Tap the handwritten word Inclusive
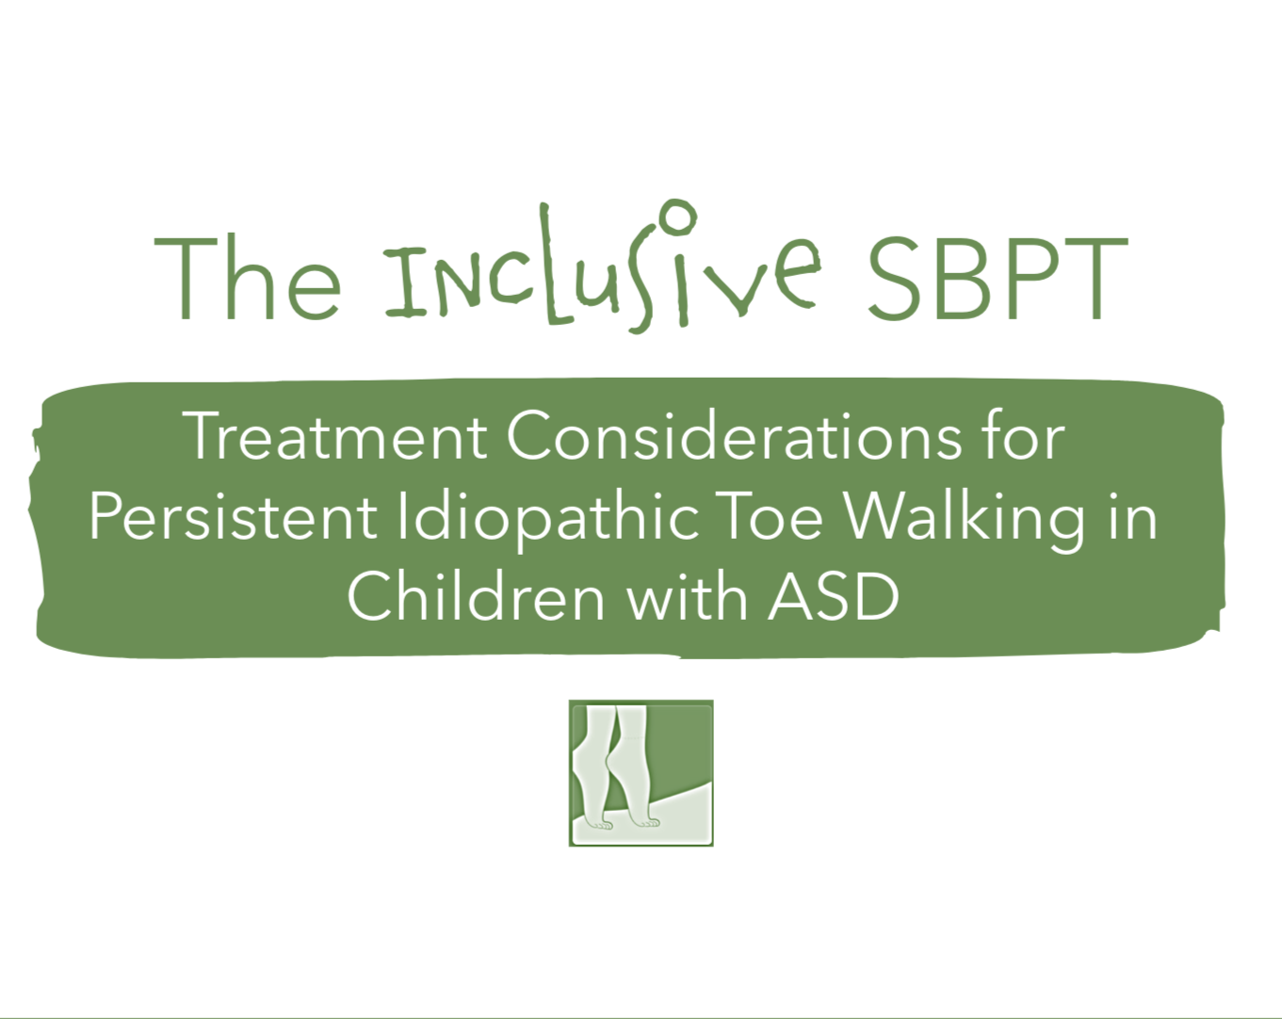(x=601, y=273)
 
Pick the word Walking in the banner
(x=964, y=517)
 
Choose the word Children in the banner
(x=476, y=597)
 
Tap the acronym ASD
(x=834, y=597)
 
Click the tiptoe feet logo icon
(x=641, y=773)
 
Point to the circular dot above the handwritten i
(x=677, y=218)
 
